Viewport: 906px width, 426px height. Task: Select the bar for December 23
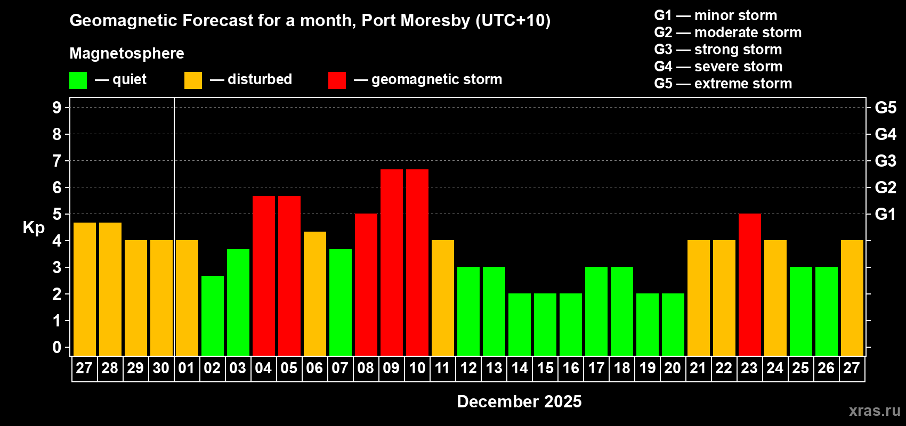pos(750,285)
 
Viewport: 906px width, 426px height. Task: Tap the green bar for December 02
pos(213,316)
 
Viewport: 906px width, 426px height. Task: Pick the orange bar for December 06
pos(315,293)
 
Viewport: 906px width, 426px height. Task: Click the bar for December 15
pos(545,325)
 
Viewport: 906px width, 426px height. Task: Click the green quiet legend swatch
pos(78,80)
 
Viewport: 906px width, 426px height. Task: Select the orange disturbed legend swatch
pos(193,80)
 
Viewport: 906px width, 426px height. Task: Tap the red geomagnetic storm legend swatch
pos(337,80)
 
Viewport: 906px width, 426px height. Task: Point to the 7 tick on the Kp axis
pos(57,161)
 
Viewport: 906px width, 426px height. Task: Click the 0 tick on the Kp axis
pos(57,348)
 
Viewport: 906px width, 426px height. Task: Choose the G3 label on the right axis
pos(885,161)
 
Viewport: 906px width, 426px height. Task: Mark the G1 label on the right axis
pos(885,214)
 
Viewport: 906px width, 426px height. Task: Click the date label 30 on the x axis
pos(161,368)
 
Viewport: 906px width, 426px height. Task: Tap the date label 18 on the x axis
pos(622,368)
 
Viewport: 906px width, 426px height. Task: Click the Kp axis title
pos(34,228)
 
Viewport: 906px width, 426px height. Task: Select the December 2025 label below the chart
pos(519,402)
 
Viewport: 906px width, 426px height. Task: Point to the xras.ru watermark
pos(875,411)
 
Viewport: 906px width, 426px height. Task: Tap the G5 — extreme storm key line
pos(723,84)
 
